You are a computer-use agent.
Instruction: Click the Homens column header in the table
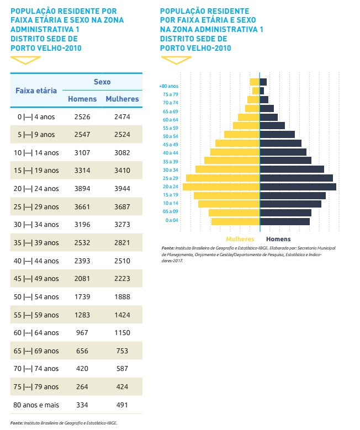82,99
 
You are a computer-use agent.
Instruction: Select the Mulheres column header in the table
122,99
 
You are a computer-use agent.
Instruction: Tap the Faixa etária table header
36,90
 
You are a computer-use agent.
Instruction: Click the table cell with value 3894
82,188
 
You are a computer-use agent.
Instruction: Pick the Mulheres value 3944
122,188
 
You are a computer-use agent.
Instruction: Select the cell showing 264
82,387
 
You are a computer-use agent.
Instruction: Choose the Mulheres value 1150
122,333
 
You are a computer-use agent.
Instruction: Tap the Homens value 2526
82,116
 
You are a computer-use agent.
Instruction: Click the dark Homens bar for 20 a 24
298,187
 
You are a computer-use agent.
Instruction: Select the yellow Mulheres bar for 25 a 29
223,178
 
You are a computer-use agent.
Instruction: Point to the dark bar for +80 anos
263,82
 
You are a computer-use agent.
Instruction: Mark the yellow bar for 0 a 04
235,221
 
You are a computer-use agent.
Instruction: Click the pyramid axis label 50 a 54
170,136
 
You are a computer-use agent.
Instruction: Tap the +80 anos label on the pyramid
168,86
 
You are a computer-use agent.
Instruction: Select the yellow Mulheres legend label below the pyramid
240,239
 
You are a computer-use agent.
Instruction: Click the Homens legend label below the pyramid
278,239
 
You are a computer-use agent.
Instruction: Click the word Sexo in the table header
102,82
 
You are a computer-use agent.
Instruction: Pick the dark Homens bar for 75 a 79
262,91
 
